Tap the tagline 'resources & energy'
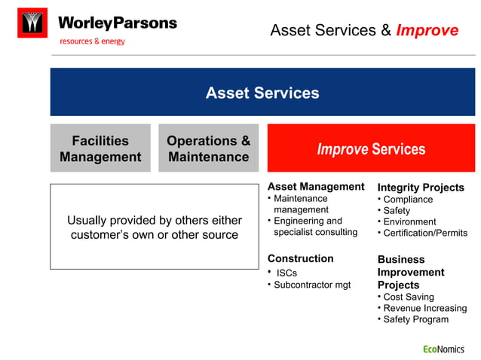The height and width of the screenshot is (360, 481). pos(92,41)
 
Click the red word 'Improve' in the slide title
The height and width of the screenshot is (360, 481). pos(427,30)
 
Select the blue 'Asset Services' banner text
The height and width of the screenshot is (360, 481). pos(262,93)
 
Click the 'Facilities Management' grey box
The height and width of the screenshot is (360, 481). pos(100,148)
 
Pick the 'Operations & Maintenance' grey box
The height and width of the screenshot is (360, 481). pos(208,148)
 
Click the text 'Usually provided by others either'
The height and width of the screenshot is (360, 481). pos(155,220)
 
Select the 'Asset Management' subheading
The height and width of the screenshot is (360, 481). pos(316,186)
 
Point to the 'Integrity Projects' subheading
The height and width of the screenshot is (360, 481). pos(421,187)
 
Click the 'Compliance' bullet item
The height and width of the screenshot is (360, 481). pos(408,200)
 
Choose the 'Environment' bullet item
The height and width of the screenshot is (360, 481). pos(409,221)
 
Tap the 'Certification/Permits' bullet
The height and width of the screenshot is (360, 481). pos(425,233)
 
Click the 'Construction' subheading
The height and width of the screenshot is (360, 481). pos(300,258)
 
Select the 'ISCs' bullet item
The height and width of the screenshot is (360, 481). pos(286,273)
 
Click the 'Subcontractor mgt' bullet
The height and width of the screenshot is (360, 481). pos(312,285)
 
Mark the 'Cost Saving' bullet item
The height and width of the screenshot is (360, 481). pos(409,297)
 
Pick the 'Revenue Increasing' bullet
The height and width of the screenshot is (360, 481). pos(424,308)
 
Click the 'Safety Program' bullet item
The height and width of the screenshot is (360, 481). pos(415,319)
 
